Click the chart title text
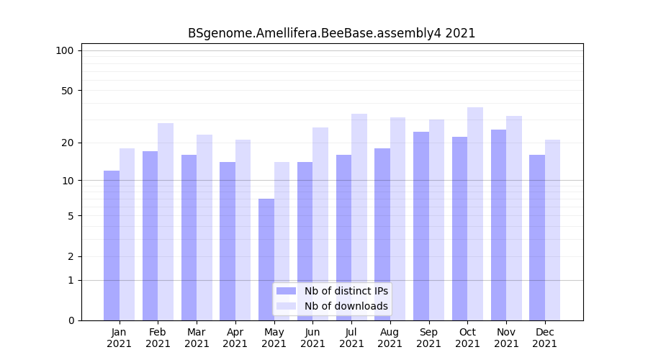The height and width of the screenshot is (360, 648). (331, 33)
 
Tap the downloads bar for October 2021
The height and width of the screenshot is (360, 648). (475, 214)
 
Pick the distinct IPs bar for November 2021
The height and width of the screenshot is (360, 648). (498, 225)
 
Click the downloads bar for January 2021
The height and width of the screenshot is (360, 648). (127, 234)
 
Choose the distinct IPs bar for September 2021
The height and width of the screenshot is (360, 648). (421, 226)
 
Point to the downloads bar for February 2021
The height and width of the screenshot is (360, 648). (166, 222)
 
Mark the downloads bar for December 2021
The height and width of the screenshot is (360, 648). (552, 230)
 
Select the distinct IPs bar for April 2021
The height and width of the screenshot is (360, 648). (228, 241)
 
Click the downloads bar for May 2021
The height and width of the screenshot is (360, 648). (282, 241)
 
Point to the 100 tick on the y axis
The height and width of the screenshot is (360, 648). (65, 50)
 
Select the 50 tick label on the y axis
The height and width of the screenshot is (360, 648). (67, 91)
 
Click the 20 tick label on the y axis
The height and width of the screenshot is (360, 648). (67, 143)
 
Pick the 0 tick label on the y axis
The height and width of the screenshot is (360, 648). (71, 320)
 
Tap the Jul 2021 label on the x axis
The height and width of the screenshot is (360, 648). (351, 338)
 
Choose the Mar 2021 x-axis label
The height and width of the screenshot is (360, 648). (197, 338)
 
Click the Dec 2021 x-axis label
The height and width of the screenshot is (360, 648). (544, 338)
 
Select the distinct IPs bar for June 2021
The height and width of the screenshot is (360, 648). (305, 241)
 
